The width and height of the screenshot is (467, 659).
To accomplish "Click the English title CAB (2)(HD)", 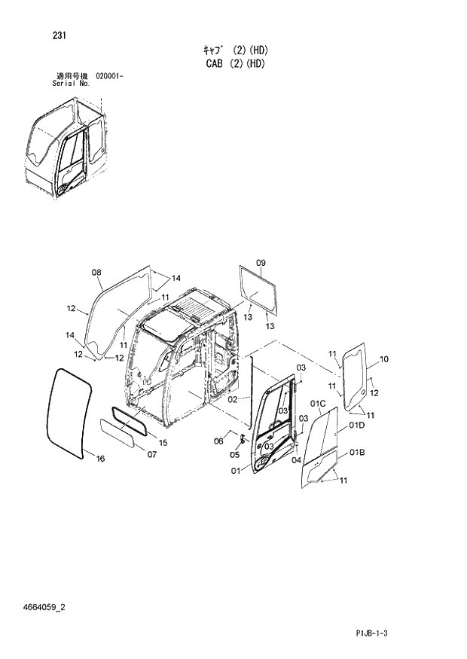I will pos(235,64).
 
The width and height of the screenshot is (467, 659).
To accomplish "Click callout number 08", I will pos(96,272).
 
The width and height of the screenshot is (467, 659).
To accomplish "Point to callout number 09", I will pos(261,262).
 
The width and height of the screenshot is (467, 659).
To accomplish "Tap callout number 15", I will pos(162,441).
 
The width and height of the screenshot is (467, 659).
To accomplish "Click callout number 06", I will pos(219,441).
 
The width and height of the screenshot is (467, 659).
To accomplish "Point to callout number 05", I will pos(234,454).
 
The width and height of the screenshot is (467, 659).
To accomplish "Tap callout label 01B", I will pos(357,452).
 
